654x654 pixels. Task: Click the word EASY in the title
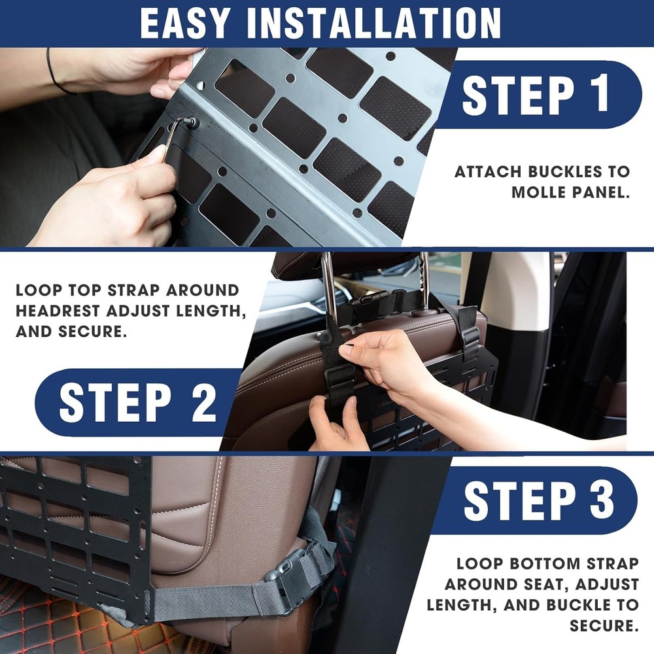click(185, 24)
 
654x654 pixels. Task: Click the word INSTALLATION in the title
click(373, 24)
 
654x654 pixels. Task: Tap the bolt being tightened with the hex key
click(193, 122)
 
